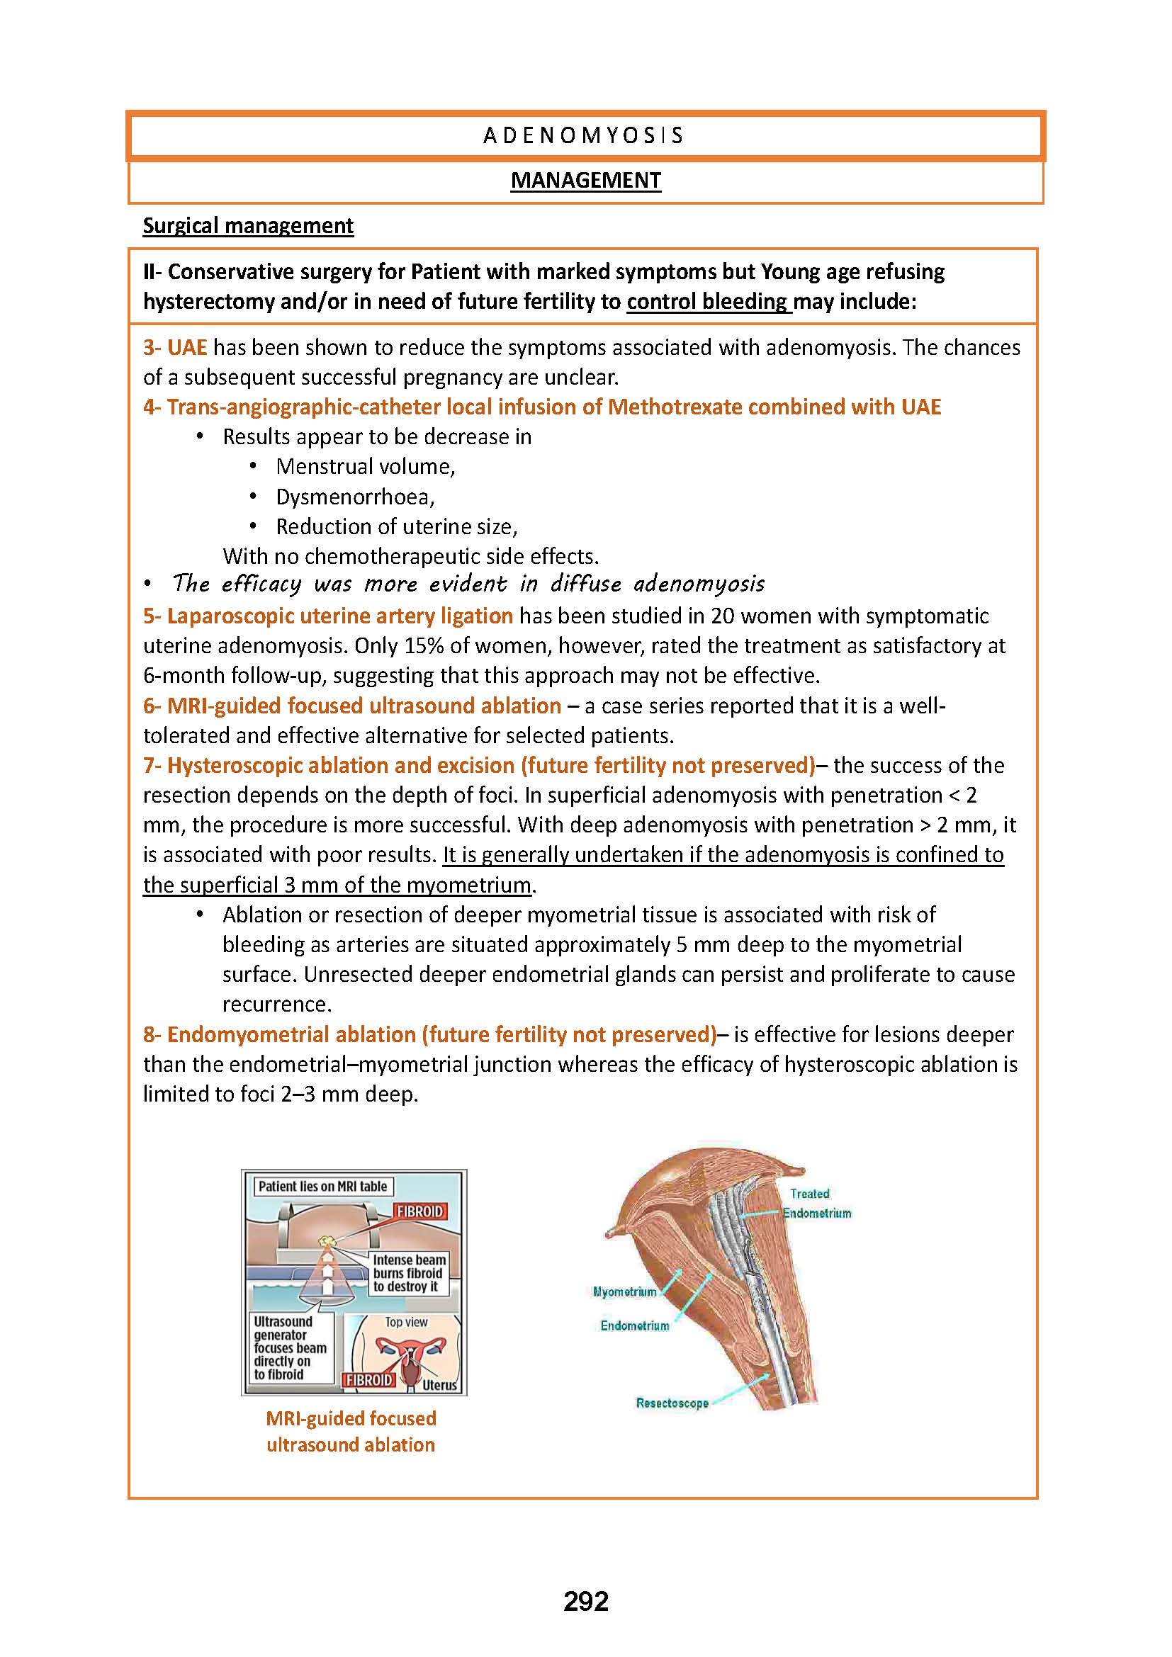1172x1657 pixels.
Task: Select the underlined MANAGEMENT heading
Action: (585, 181)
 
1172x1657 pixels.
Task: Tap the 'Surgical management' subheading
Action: (247, 226)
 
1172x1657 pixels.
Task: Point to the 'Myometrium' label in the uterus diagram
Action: (624, 1291)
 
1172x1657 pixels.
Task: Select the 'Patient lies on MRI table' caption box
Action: (322, 1186)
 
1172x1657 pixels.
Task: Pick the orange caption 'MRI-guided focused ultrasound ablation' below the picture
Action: (351, 1431)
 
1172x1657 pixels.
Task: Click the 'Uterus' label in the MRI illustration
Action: (439, 1385)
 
